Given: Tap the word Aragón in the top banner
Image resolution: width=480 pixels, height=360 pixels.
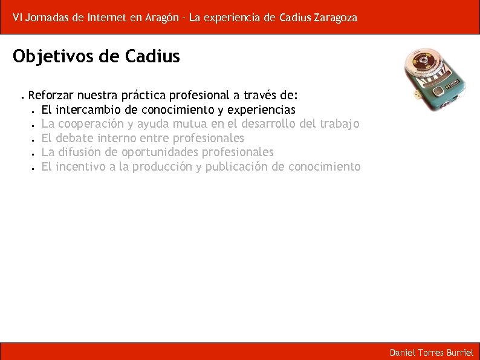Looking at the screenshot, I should [x=163, y=18].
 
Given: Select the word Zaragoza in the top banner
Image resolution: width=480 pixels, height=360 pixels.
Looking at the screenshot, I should [x=336, y=18].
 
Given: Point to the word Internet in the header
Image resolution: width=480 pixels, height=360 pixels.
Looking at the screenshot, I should [x=106, y=18].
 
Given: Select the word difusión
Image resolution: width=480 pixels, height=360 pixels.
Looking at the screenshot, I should [x=80, y=152].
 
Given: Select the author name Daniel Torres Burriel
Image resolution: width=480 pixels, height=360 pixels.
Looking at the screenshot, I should [x=431, y=352].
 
